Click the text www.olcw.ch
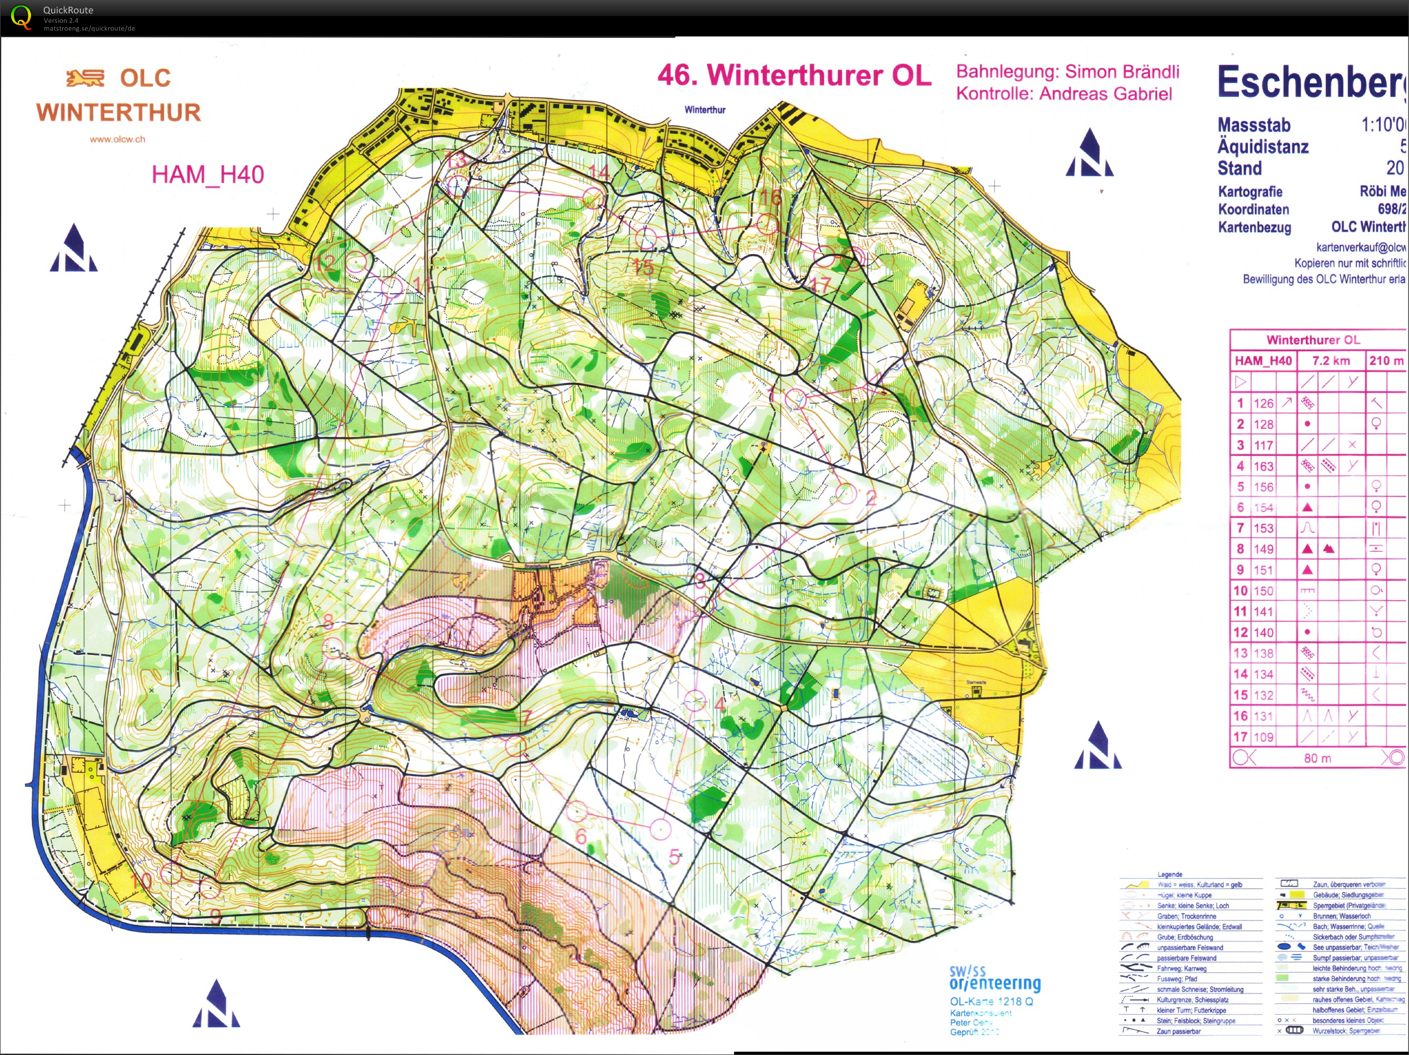click(x=117, y=139)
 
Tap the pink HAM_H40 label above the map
click(x=208, y=175)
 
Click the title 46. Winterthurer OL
click(x=794, y=75)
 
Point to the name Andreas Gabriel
click(x=1105, y=94)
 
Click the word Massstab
click(x=1254, y=125)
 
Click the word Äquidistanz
click(x=1263, y=146)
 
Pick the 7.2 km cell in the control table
click(x=1331, y=360)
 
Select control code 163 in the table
click(x=1263, y=466)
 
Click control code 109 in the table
click(x=1263, y=736)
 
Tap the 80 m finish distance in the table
click(x=1318, y=757)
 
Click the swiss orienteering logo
click(x=994, y=979)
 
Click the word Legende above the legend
click(x=1170, y=874)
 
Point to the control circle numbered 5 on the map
click(x=661, y=829)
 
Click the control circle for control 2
click(x=845, y=492)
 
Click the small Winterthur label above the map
click(x=704, y=110)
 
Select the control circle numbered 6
click(x=576, y=811)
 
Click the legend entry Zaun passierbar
click(x=1178, y=1031)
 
